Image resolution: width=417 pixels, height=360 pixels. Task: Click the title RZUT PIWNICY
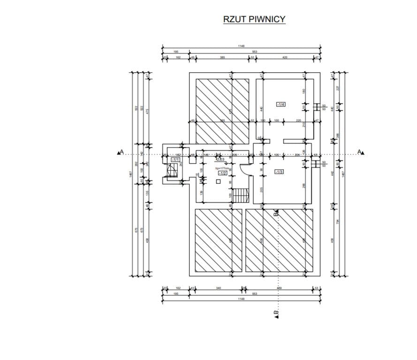click(x=254, y=19)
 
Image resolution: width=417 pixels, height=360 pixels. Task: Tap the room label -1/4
click(x=281, y=104)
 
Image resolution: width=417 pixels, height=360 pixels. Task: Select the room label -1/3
click(x=279, y=172)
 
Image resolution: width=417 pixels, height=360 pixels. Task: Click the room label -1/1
click(x=175, y=160)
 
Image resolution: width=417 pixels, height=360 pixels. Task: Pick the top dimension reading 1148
click(x=241, y=46)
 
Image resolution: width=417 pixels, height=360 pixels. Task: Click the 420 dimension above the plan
click(x=284, y=57)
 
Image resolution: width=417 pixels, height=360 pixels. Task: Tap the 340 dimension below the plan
click(x=218, y=288)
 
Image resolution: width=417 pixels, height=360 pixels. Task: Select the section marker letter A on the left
click(x=121, y=151)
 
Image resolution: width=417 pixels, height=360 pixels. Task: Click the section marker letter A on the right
click(x=360, y=151)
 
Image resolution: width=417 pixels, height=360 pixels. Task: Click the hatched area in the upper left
click(x=222, y=111)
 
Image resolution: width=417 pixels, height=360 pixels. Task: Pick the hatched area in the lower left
click(x=219, y=240)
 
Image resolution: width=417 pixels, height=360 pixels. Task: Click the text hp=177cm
click(x=222, y=168)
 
